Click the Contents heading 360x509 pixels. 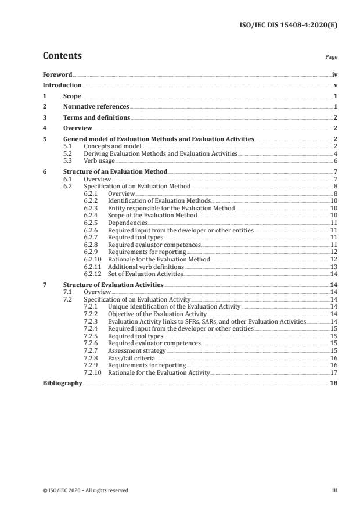click(62, 56)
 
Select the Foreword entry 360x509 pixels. click(57, 75)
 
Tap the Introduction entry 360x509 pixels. click(62, 85)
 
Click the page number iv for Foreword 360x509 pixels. click(334, 75)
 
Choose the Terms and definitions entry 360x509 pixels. click(96, 117)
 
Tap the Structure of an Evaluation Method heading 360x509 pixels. click(115, 172)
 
